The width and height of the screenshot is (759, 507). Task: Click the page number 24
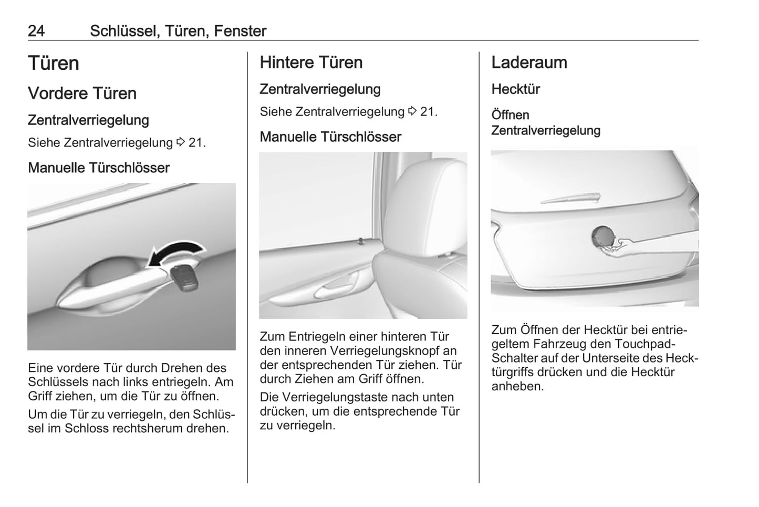coord(36,31)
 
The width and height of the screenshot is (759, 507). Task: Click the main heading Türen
coord(54,63)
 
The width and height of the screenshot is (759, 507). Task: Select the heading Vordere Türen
coord(82,93)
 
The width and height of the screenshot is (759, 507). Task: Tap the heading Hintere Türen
coord(311,63)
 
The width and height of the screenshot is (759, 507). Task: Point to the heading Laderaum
coord(529,63)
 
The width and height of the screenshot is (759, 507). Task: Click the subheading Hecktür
coord(516,89)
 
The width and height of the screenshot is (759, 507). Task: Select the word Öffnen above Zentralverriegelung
coord(511,115)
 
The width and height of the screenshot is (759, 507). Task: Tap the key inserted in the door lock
coord(184,278)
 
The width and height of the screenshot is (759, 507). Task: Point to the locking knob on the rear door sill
coord(361,241)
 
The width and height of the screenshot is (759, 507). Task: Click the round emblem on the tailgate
coord(602,236)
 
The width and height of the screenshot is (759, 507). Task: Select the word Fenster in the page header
coord(240,31)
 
